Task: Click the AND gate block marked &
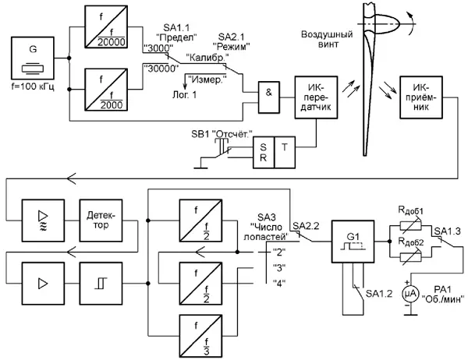click(268, 92)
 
